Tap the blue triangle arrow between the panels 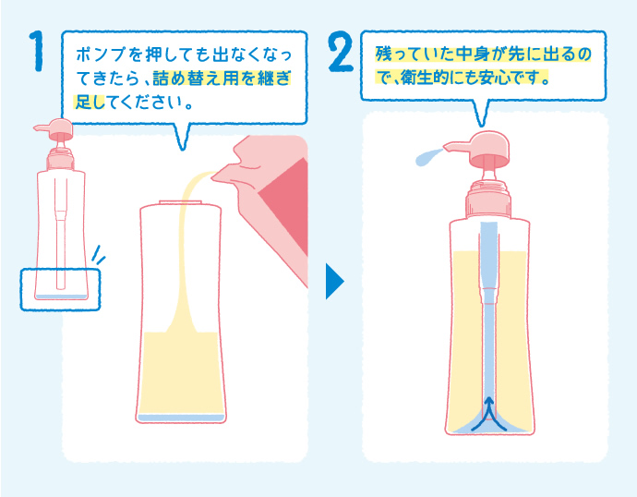333,282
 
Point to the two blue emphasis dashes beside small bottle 99,254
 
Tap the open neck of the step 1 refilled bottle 181,202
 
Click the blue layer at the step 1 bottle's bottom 181,418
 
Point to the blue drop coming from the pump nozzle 424,159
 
